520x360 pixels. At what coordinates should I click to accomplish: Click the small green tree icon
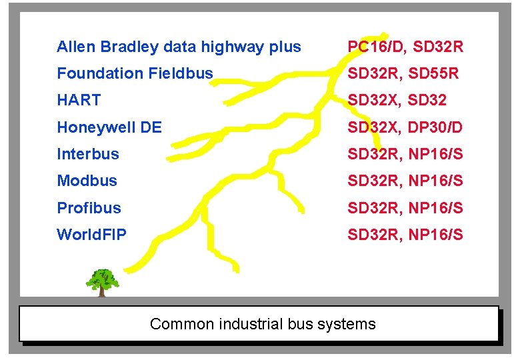click(103, 282)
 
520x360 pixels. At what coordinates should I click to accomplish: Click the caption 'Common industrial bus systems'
click(263, 325)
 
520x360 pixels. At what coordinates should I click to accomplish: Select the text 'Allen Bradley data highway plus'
click(179, 47)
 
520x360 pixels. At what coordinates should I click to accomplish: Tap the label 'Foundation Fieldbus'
click(135, 73)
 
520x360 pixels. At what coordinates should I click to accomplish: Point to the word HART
click(79, 101)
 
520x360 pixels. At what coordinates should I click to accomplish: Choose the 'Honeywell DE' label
click(109, 127)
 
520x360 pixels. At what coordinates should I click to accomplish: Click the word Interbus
click(88, 154)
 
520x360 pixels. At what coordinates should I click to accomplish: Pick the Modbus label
click(87, 181)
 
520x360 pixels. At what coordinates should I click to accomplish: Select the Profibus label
click(89, 208)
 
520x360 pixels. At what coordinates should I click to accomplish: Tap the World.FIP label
click(91, 235)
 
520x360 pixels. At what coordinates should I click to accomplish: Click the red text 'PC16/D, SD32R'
click(405, 47)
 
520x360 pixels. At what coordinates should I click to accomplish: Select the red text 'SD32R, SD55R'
click(403, 73)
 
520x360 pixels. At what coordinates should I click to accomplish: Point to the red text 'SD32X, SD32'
click(397, 101)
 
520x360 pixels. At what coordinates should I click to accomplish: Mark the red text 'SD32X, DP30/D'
click(405, 127)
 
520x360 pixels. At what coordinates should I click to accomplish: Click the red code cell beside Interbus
click(405, 154)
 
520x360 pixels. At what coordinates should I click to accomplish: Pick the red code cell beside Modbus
click(405, 181)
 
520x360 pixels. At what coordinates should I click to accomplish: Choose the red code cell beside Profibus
click(405, 208)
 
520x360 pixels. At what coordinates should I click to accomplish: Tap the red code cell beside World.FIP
click(405, 235)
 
